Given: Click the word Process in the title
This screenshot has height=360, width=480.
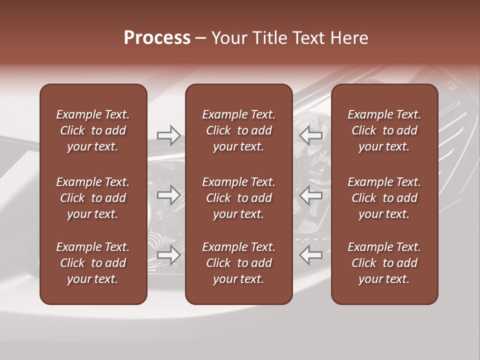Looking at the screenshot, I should click(x=157, y=38).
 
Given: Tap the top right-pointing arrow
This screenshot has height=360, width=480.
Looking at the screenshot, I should click(x=168, y=135).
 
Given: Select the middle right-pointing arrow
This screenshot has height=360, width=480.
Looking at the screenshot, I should click(x=168, y=195).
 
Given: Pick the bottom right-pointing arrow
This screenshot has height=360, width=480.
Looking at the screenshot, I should click(x=168, y=255).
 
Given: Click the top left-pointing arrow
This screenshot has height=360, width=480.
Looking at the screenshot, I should click(x=311, y=135).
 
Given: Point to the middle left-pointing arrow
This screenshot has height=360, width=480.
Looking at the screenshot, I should click(x=311, y=195).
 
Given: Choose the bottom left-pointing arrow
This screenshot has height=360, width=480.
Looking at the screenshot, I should click(x=311, y=255).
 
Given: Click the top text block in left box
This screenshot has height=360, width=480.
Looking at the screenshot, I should click(x=93, y=130).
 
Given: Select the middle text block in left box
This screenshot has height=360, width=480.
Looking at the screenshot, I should click(x=93, y=198).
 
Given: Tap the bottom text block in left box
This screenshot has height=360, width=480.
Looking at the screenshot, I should click(x=93, y=263).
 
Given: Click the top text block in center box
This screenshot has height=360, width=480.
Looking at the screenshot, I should click(x=239, y=130).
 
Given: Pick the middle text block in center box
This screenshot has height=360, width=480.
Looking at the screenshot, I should click(x=239, y=198).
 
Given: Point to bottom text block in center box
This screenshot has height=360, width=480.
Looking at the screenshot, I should click(x=239, y=263).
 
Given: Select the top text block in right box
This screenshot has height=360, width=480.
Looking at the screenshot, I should click(x=384, y=130).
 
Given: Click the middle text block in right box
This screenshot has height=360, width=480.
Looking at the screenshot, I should click(x=384, y=198).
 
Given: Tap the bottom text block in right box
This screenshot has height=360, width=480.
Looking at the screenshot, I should click(x=384, y=263).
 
